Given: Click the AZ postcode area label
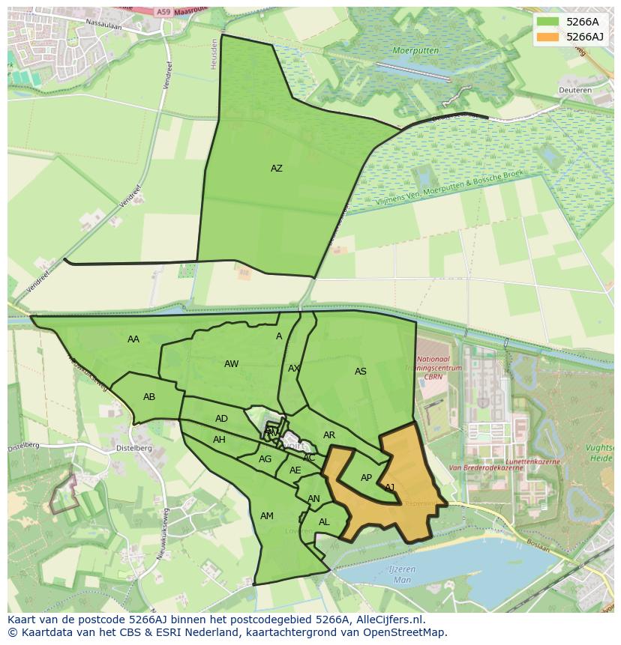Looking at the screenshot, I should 277,169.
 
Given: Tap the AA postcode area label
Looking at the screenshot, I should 133,339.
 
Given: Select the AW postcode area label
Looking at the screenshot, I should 231,364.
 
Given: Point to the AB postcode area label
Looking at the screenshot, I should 149,397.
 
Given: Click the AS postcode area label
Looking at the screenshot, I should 361,372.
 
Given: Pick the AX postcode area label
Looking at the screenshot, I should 294,369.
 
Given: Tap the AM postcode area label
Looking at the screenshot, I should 267,516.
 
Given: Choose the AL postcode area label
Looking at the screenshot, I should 324,522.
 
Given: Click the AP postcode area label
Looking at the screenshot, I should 366,478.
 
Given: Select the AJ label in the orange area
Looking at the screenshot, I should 390,488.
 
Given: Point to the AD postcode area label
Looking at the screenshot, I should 221,419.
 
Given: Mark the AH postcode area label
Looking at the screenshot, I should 219,440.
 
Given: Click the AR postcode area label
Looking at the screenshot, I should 329,435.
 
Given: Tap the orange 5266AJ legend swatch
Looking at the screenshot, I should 548,37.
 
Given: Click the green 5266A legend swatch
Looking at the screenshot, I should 548,22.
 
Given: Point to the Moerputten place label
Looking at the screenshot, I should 415,50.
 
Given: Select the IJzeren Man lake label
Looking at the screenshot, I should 402,575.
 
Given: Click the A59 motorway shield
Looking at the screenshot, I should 164,12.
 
